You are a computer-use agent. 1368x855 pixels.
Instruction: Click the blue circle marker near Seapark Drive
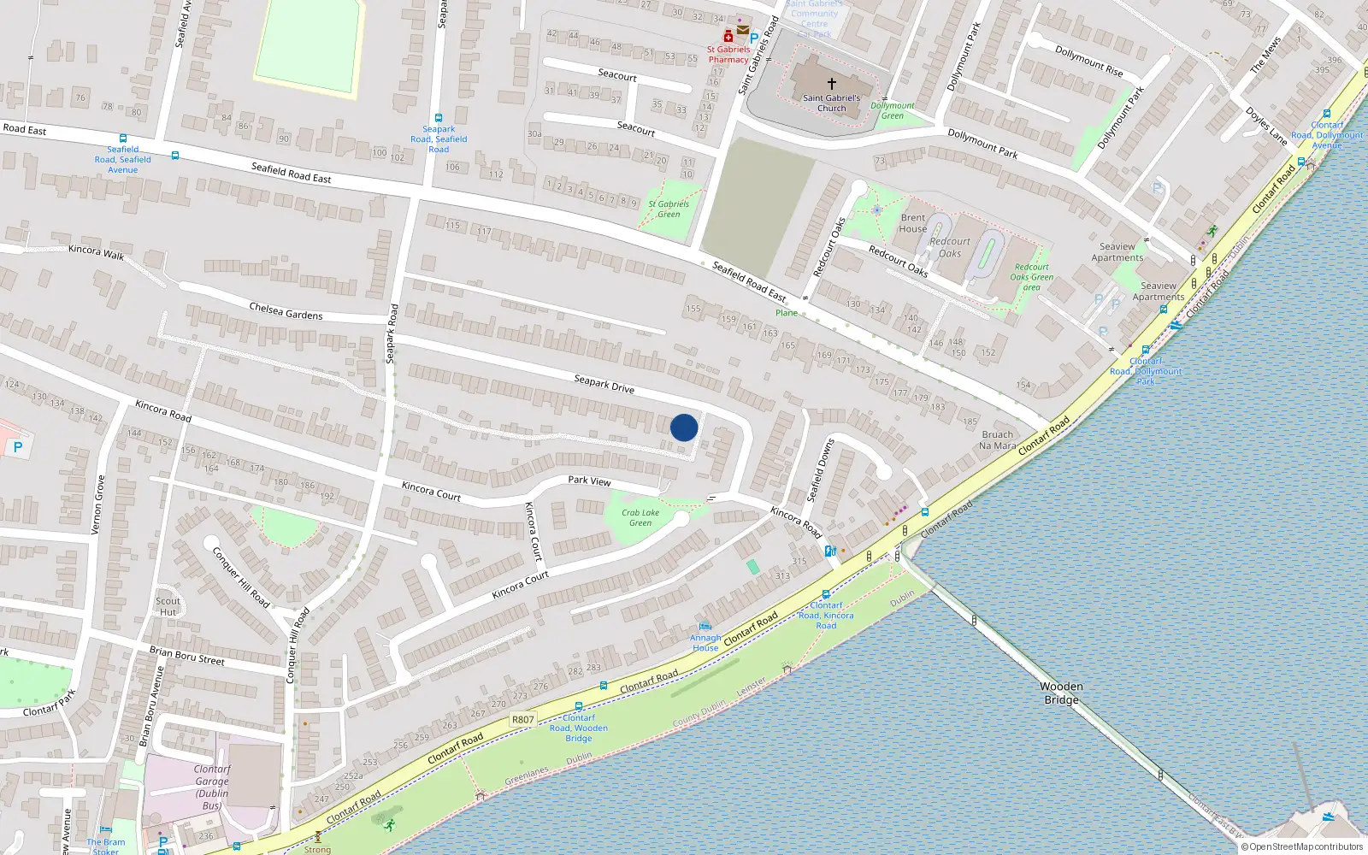[x=684, y=427]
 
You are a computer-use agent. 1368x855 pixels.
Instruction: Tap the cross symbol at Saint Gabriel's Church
[x=831, y=84]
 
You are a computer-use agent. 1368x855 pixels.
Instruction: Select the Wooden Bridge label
[x=1062, y=693]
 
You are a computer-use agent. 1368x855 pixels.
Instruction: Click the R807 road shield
[x=522, y=719]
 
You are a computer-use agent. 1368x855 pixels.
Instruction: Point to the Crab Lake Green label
[x=640, y=517]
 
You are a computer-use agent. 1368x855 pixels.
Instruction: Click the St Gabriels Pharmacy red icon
[x=728, y=36]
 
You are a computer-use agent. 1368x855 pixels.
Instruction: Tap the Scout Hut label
[x=168, y=606]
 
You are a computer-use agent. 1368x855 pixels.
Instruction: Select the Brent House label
[x=912, y=223]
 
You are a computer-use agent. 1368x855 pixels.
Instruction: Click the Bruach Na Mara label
[x=997, y=439]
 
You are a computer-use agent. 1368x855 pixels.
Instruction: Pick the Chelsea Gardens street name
[x=286, y=310]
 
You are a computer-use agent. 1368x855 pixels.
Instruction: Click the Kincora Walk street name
[x=96, y=252]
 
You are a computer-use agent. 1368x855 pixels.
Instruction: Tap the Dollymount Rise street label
[x=1088, y=61]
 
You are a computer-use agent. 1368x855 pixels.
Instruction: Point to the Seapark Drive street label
[x=604, y=384]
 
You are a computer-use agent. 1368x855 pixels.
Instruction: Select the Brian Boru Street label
[x=186, y=656]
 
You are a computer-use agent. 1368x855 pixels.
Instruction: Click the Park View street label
[x=589, y=481]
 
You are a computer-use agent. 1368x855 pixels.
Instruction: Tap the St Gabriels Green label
[x=669, y=209]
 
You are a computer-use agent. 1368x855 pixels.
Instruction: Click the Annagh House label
[x=705, y=642]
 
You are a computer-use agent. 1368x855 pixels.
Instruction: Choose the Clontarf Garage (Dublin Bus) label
[x=211, y=787]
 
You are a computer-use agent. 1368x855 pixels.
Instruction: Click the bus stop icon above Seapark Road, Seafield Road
[x=439, y=118]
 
